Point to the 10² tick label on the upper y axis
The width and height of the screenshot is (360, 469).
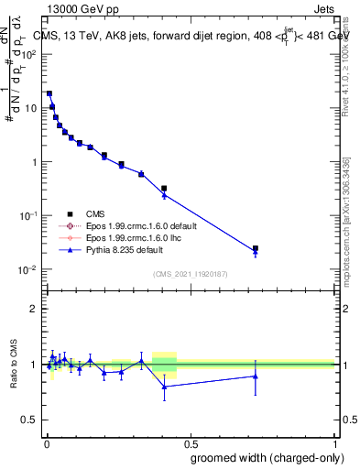29,54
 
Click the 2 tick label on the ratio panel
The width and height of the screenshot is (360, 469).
34,309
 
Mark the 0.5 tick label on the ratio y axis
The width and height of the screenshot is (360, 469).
29,420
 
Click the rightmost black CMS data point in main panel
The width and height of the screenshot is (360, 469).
256,248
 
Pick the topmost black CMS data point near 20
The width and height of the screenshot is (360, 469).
49,93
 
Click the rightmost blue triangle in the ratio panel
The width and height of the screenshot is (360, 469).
256,376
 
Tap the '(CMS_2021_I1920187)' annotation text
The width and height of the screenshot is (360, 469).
191,274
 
